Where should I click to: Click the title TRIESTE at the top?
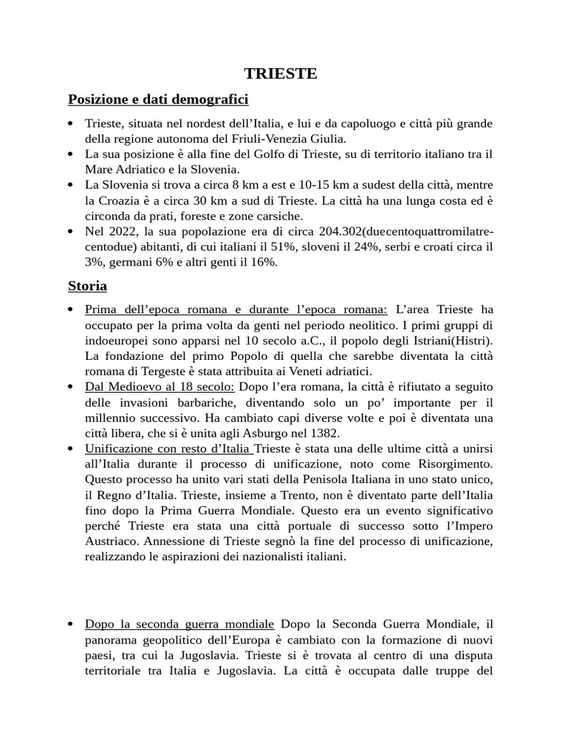click(x=280, y=74)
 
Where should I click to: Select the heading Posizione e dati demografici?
click(x=159, y=99)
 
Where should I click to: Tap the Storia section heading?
click(x=87, y=285)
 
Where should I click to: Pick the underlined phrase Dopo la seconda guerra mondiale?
click(x=180, y=624)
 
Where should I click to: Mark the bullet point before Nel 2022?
click(x=70, y=232)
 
